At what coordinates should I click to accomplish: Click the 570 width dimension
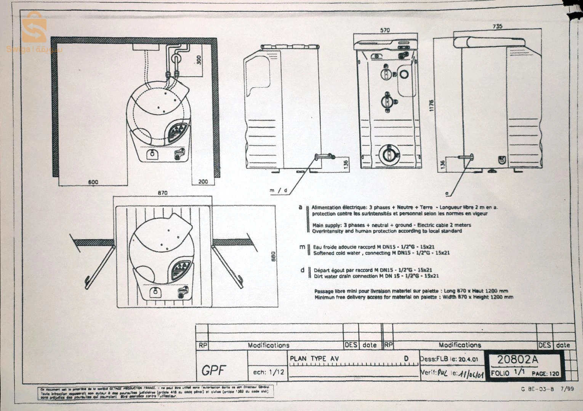pos(385,30)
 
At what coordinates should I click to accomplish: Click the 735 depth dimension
pos(497,26)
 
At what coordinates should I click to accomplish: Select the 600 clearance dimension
pos(93,182)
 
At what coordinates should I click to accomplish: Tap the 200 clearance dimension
pos(203,182)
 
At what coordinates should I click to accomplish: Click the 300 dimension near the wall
pos(199,60)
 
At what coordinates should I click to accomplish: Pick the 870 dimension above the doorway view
pos(163,193)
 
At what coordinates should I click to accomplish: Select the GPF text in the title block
pos(214,370)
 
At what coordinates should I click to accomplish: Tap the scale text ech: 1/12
pos(269,372)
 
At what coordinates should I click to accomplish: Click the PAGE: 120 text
pos(545,374)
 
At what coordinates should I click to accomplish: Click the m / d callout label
pos(278,190)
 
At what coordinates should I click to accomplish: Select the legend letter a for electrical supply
pos(300,207)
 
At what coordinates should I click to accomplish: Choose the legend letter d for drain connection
pos(302,270)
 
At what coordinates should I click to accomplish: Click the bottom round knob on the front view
pos(389,154)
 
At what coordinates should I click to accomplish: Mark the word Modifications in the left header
pos(268,345)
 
